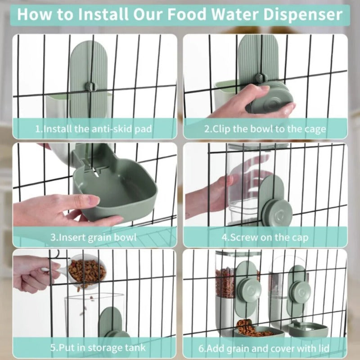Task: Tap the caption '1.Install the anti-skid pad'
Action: click(x=94, y=129)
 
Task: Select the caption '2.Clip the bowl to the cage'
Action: click(x=265, y=129)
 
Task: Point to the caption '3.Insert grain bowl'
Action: click(x=94, y=237)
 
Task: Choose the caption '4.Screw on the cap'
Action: click(x=265, y=237)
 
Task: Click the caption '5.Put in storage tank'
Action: click(x=94, y=347)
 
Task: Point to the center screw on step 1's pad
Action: click(x=90, y=85)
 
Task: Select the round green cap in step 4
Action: click(x=277, y=210)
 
